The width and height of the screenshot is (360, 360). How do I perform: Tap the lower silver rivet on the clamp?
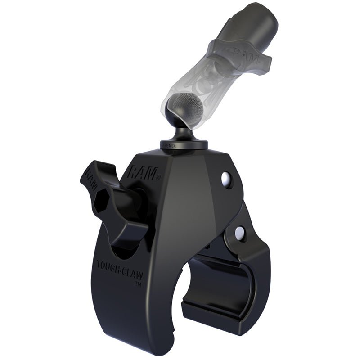[x=240, y=232]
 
